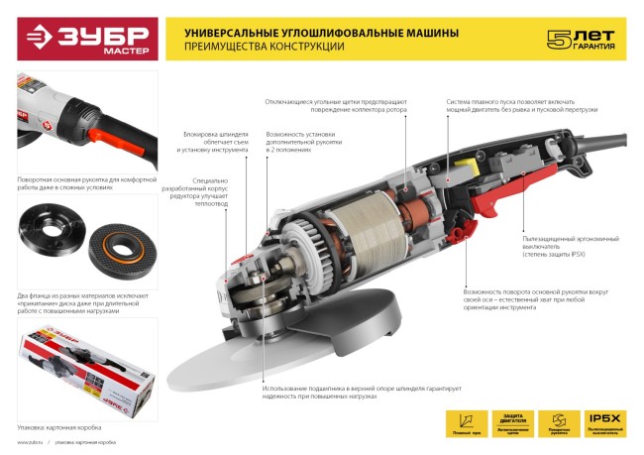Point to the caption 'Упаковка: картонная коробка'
55,422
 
